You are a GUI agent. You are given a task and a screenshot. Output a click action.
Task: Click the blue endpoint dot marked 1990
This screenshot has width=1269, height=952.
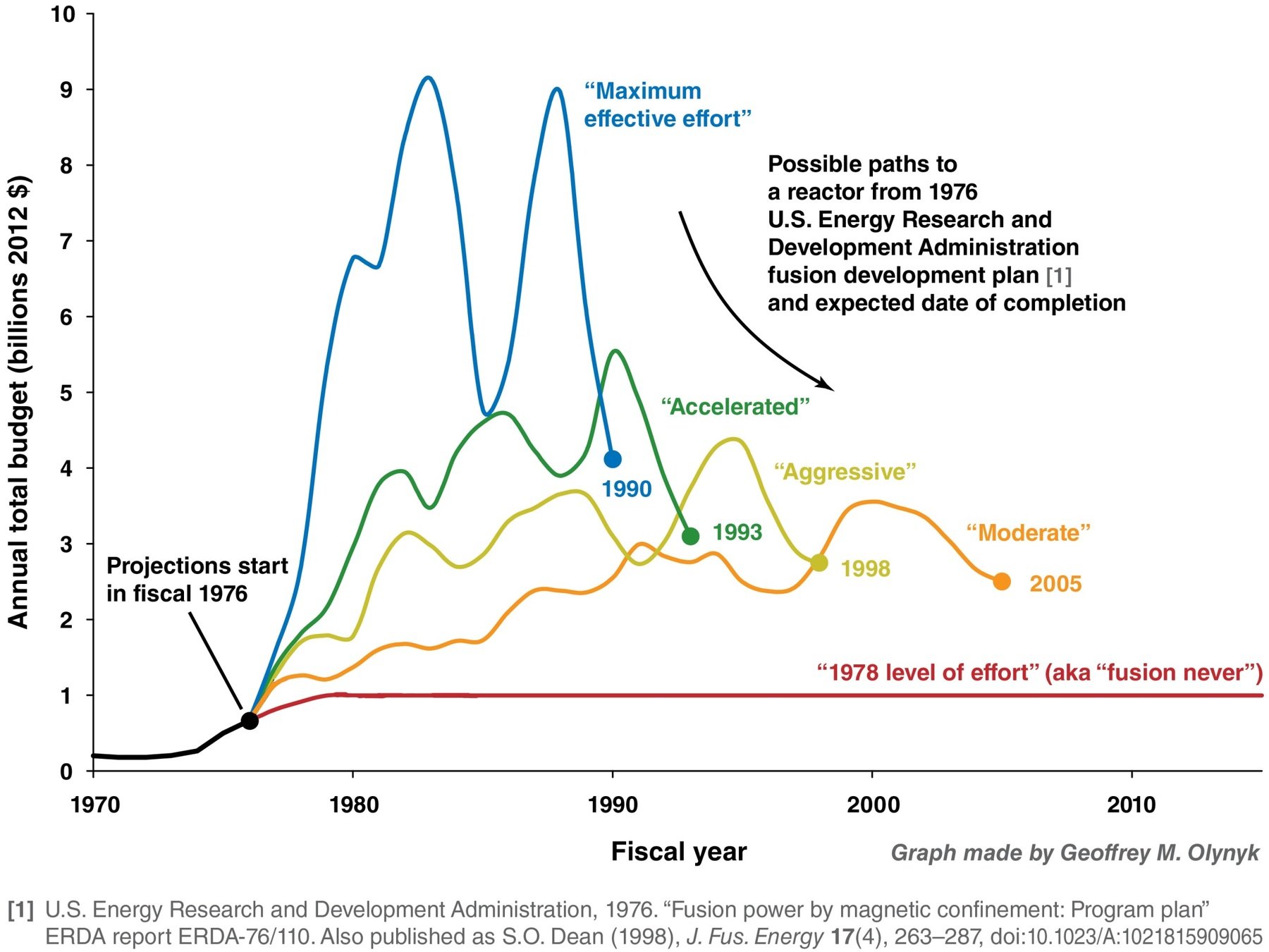pyautogui.click(x=613, y=459)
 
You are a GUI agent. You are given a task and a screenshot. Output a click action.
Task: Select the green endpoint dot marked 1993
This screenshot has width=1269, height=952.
pyautogui.click(x=691, y=536)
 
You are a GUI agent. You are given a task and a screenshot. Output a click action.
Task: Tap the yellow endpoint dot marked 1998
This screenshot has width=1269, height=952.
pyautogui.click(x=819, y=563)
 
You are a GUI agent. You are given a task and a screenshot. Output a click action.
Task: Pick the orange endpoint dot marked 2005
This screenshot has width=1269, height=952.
pyautogui.click(x=1002, y=582)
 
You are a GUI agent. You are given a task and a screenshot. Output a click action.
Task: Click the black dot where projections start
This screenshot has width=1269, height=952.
pyautogui.click(x=250, y=721)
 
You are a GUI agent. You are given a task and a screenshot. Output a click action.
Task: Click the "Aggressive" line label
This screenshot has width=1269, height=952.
pyautogui.click(x=845, y=472)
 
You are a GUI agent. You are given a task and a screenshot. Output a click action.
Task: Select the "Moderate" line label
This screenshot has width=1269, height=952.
pyautogui.click(x=1028, y=532)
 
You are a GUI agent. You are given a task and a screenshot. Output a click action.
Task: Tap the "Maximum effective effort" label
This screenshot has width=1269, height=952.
pyautogui.click(x=667, y=105)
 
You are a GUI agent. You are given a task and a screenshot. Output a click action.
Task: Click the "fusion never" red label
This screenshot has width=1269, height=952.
pyautogui.click(x=1039, y=672)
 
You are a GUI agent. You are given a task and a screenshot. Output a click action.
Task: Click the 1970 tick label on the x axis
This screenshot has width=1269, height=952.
pyautogui.click(x=95, y=804)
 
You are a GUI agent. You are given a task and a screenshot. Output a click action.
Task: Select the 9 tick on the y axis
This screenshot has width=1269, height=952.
pyautogui.click(x=66, y=90)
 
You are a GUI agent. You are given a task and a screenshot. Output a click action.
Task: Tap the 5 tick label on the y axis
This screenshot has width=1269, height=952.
pyautogui.click(x=66, y=393)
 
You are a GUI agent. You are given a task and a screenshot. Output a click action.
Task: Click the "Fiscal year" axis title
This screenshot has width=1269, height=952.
pyautogui.click(x=678, y=852)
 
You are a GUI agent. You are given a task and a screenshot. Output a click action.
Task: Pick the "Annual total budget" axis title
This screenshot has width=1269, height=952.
pyautogui.click(x=19, y=402)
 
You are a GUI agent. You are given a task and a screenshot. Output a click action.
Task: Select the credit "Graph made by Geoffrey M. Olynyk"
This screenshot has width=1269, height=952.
pyautogui.click(x=1074, y=853)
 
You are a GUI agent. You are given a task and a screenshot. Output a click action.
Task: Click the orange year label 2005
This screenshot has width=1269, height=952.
pyautogui.click(x=1055, y=584)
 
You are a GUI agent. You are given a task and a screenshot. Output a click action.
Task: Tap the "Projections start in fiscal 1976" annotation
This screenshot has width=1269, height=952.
pyautogui.click(x=197, y=579)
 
